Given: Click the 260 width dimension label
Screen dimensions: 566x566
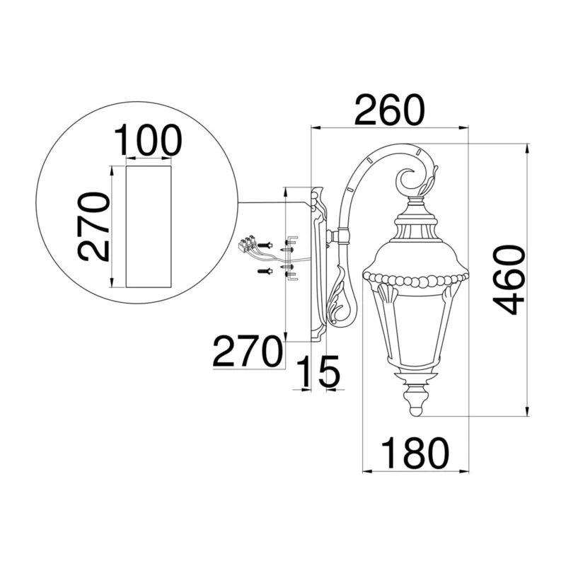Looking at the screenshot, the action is point(390,110).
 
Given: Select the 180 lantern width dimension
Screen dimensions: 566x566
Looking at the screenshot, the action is point(415,453).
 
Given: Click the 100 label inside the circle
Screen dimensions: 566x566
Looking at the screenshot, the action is point(148,140).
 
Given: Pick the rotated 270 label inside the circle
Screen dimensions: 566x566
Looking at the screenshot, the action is point(93,226).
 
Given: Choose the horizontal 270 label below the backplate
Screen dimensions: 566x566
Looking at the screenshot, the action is point(246,351).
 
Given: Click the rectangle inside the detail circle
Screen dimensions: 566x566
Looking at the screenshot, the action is point(149,226).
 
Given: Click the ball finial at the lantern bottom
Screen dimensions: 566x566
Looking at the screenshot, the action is point(417,410).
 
